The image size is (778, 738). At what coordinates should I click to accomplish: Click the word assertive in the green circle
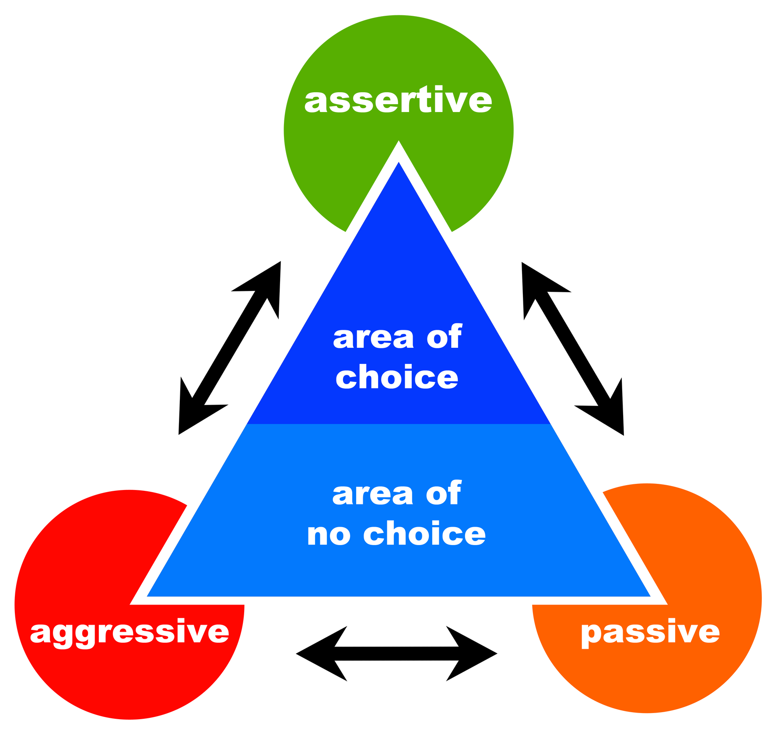(x=398, y=100)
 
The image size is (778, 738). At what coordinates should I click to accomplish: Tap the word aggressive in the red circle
(x=130, y=632)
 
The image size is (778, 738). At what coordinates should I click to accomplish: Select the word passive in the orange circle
(x=650, y=632)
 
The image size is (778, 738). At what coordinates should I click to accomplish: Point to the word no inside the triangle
(x=329, y=534)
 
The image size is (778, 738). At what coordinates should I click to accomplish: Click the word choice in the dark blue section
(x=397, y=378)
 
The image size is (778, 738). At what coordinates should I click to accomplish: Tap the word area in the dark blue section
(x=373, y=338)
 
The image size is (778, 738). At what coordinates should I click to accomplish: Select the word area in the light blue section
(x=373, y=494)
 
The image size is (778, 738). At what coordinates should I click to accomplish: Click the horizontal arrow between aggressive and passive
(x=396, y=654)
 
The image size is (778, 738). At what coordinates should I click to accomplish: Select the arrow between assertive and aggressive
(x=230, y=348)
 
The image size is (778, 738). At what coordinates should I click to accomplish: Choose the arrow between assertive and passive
(x=572, y=349)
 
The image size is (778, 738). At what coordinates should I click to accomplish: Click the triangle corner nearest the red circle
(x=151, y=594)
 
